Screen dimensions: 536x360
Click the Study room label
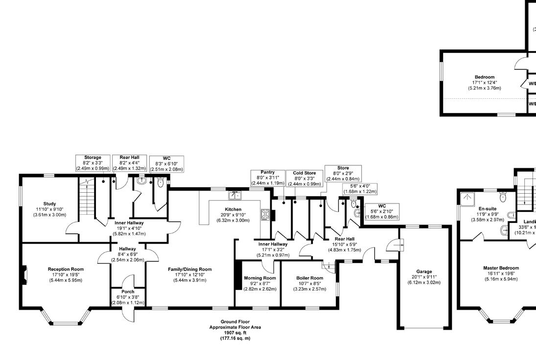tap(49, 204)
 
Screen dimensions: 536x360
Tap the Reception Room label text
tap(66, 269)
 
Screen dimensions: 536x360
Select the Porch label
tap(128, 292)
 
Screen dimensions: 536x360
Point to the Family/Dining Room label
tap(190, 269)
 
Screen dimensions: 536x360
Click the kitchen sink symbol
tap(234, 196)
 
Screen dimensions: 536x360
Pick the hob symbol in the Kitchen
tap(266, 214)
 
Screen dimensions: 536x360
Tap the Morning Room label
tap(260, 278)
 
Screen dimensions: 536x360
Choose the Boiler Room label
tap(309, 278)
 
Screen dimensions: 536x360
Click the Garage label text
tap(424, 271)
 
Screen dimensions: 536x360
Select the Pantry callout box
tap(267, 178)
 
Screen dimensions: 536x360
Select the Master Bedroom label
tap(501, 268)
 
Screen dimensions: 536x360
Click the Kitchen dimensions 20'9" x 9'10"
tap(233, 215)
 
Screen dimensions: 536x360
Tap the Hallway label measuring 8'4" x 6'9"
tap(127, 254)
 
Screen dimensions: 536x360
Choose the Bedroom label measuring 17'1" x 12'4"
tap(484, 82)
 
